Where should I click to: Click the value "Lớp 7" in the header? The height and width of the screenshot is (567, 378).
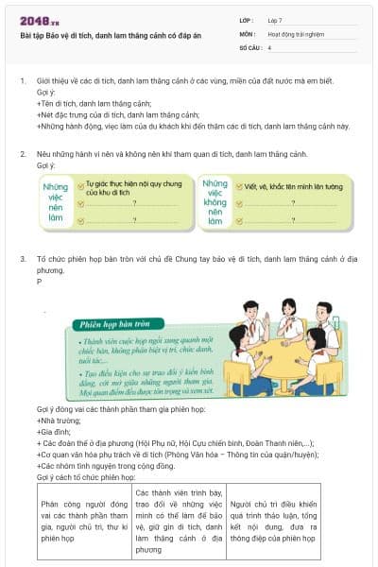point(276,20)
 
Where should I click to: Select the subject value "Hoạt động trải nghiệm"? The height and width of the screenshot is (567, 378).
point(295,33)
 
